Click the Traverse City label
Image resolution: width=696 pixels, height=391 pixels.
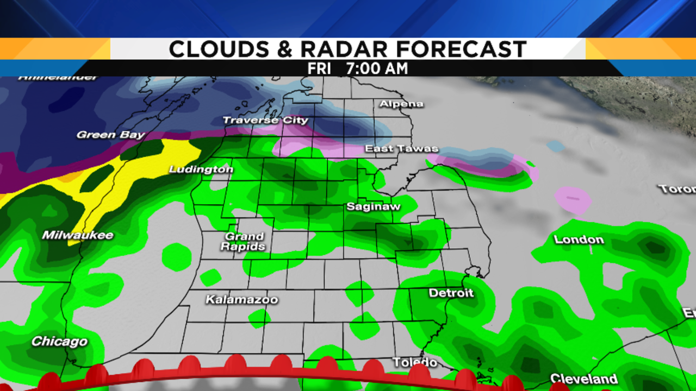tap(265, 121)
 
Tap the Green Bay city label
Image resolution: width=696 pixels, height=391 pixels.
tap(111, 135)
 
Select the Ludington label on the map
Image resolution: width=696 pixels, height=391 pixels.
tap(201, 169)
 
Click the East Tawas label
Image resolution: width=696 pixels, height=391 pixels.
tap(401, 149)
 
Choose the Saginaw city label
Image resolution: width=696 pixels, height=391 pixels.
tap(374, 207)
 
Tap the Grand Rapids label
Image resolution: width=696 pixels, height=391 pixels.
tap(244, 241)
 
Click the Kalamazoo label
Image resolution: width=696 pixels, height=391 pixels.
tap(241, 300)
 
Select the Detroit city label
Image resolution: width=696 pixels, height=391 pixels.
tap(451, 293)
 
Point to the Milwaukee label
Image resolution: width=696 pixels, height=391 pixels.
tap(78, 235)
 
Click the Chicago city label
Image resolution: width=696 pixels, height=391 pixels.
tap(59, 342)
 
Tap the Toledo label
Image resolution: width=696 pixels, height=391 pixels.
tap(415, 362)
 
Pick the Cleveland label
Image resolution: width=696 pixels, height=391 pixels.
tap(584, 379)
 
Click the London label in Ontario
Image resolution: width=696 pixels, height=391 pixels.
tap(579, 239)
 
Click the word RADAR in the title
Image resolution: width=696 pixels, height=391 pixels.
tap(344, 49)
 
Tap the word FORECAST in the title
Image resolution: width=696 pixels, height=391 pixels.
tap(461, 49)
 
